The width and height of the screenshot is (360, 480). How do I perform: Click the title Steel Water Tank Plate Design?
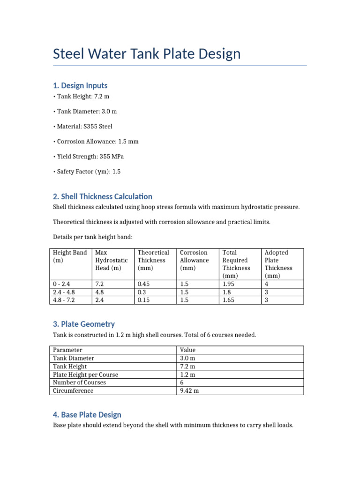(x=147, y=54)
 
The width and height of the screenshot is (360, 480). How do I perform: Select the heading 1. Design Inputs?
(x=80, y=85)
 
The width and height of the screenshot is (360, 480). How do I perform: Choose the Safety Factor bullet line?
(x=87, y=172)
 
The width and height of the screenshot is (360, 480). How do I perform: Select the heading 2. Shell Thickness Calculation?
(x=102, y=196)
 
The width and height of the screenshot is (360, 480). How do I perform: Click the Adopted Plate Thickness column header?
(x=278, y=264)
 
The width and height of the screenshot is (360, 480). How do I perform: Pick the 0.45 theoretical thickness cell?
(x=144, y=284)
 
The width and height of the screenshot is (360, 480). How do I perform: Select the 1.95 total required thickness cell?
(x=229, y=284)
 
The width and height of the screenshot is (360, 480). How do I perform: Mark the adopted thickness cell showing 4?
(x=267, y=284)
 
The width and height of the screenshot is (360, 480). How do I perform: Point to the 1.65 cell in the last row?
(x=229, y=300)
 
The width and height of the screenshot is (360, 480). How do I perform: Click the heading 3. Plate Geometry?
(x=83, y=324)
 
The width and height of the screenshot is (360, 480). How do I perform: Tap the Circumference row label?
(x=73, y=390)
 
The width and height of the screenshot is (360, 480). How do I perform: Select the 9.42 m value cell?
(x=189, y=390)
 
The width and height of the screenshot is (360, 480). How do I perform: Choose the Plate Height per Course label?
(x=86, y=375)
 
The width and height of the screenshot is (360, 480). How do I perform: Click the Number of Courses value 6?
(x=182, y=382)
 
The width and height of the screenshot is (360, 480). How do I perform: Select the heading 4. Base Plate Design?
(x=87, y=414)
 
